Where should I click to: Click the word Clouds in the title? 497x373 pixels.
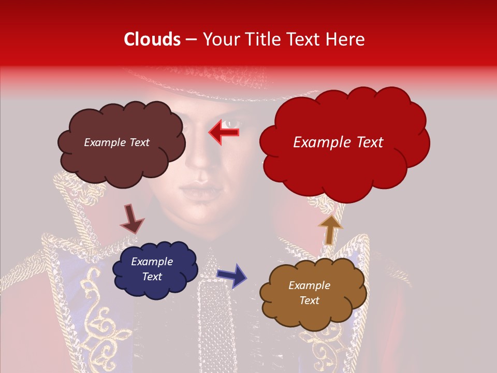(x=152, y=39)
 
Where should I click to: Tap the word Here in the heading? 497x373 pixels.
(x=346, y=39)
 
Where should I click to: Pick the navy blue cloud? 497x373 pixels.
(x=154, y=269)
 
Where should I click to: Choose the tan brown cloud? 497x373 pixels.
(x=312, y=293)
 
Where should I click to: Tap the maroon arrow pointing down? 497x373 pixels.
(x=131, y=218)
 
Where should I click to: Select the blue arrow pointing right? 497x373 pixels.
(x=232, y=275)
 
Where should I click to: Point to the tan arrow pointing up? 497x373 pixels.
(x=330, y=229)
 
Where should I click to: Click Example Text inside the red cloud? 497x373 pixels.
(x=338, y=142)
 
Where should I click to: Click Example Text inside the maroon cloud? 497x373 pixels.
(x=116, y=142)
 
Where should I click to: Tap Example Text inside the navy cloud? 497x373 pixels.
(x=152, y=269)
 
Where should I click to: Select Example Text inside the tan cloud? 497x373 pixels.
(x=309, y=293)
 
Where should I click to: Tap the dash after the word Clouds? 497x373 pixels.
(x=191, y=40)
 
